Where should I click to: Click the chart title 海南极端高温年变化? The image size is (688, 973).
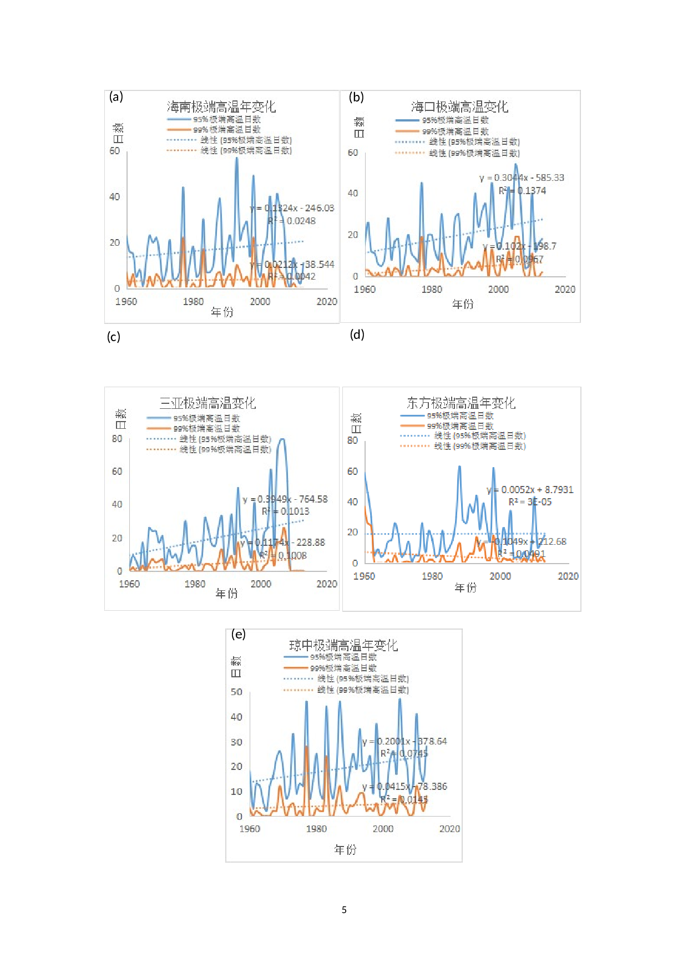tap(221, 107)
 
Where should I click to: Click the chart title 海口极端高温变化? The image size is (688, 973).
tap(459, 107)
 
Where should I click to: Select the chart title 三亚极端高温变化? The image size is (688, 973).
tap(208, 403)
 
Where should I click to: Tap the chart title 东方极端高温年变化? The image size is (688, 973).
tap(461, 403)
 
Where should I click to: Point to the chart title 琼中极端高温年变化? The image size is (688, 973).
tap(343, 645)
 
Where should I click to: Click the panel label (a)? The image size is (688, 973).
tap(116, 97)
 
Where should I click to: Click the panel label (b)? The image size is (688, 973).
tap(356, 97)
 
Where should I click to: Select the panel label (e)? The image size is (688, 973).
tap(238, 634)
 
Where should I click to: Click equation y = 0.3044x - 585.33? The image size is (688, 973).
tap(522, 178)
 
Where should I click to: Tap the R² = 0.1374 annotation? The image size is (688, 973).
tap(522, 191)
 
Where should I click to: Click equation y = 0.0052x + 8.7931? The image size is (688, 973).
tap(530, 490)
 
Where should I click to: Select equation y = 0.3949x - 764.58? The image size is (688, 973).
tap(285, 499)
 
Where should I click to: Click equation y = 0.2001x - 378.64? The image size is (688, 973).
tap(404, 741)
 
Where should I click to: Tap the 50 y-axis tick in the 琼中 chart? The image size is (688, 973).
tap(236, 692)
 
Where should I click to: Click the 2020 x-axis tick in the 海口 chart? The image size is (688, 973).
tap(565, 289)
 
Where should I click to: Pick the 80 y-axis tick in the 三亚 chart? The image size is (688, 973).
tap(117, 438)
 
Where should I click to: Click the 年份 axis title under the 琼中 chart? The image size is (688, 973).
tap(345, 849)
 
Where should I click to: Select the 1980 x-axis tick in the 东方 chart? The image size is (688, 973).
tap(432, 576)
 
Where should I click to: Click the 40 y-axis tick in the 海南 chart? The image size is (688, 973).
tap(114, 196)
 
